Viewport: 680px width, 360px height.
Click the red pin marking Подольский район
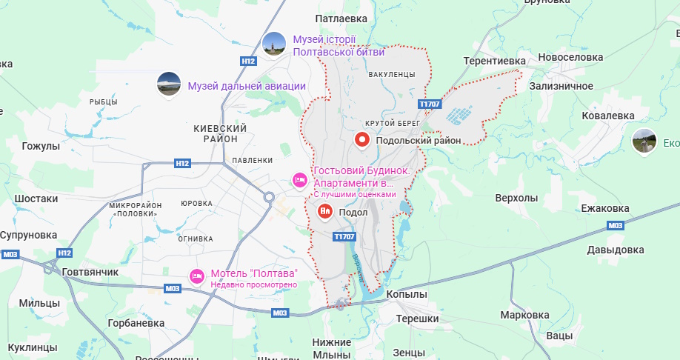coord(362,139)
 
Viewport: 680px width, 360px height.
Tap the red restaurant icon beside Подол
coord(325,212)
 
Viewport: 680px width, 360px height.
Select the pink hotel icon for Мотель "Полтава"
coord(196,275)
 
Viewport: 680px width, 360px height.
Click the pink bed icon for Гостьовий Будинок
coord(300,179)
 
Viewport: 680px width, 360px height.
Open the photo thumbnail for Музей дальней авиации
coord(169,84)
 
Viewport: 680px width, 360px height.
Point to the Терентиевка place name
coord(494,61)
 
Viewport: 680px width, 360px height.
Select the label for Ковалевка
coord(609,116)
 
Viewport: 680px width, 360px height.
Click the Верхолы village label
coord(516,198)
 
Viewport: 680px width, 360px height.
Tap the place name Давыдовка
coord(616,250)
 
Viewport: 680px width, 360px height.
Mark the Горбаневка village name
coord(136,323)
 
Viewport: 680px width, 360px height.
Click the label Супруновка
coord(29,235)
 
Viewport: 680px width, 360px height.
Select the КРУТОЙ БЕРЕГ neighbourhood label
coord(393,122)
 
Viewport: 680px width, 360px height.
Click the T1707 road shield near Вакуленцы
coord(430,104)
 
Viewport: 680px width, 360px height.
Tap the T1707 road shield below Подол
coord(344,236)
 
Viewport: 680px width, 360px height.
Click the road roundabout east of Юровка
coord(268,197)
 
